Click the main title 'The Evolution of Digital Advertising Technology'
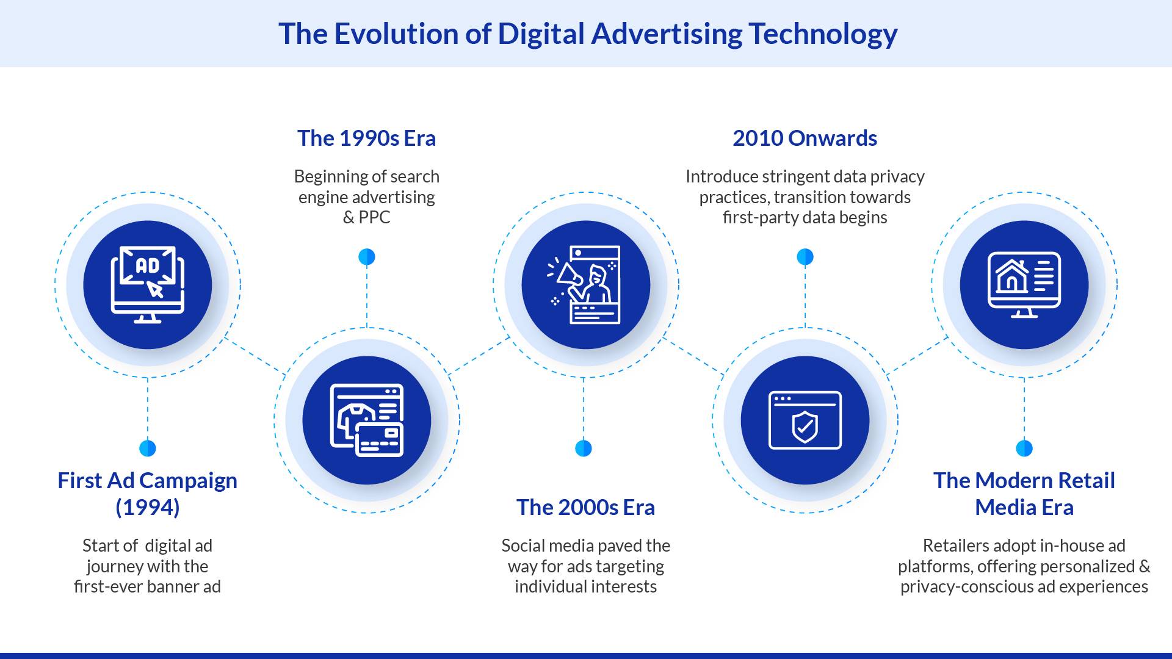pyautogui.click(x=587, y=34)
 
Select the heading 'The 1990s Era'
pyautogui.click(x=366, y=139)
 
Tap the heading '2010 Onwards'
pyautogui.click(x=805, y=139)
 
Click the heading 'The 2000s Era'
pyautogui.click(x=585, y=508)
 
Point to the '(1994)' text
pyautogui.click(x=148, y=508)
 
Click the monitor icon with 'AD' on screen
pyautogui.click(x=148, y=284)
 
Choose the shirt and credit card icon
pyautogui.click(x=366, y=420)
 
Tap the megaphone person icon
pyautogui.click(x=585, y=284)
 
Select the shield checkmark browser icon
pyautogui.click(x=805, y=420)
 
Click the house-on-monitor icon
pyautogui.click(x=1024, y=284)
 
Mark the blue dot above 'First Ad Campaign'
pyautogui.click(x=148, y=448)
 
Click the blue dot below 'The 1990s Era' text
pyautogui.click(x=366, y=257)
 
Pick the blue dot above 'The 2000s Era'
pyautogui.click(x=584, y=448)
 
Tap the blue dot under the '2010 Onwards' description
pyautogui.click(x=805, y=257)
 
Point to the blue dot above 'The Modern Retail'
pyautogui.click(x=1024, y=448)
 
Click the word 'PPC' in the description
pyautogui.click(x=374, y=218)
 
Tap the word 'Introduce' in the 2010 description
pyautogui.click(x=718, y=177)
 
